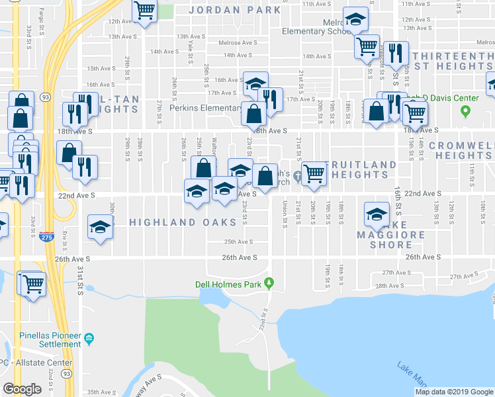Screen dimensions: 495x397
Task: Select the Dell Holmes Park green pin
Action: coord(269,283)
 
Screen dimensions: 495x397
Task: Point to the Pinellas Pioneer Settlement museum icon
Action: coord(89,340)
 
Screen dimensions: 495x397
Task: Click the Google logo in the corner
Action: coord(22,388)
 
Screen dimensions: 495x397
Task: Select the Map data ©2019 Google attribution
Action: coord(454,392)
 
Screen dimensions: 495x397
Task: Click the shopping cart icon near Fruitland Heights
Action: coord(314,173)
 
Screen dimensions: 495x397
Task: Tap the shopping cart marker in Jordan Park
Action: coord(144,11)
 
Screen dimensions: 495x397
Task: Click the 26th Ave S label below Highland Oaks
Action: coord(239,257)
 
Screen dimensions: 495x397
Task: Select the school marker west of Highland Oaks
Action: coord(101,227)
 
